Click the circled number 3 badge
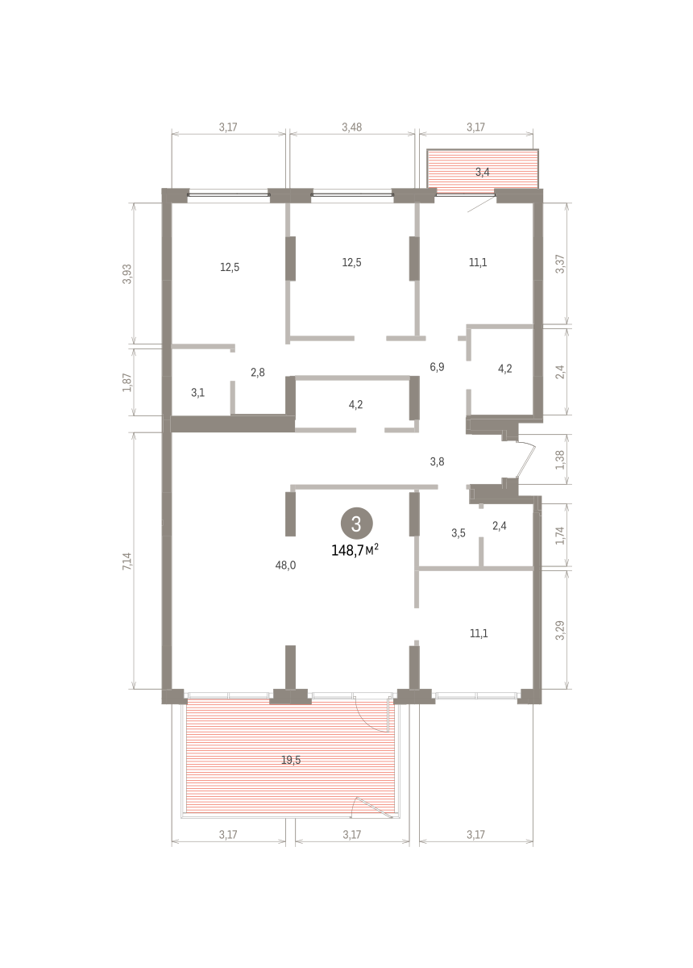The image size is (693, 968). coord(356,524)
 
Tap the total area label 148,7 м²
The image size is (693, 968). coord(355,550)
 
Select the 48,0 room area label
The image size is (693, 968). coord(285,565)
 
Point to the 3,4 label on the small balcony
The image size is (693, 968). coord(483,172)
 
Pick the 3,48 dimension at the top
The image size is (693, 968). coord(352,127)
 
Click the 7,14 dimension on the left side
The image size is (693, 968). coord(127,561)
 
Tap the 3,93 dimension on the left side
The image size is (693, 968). coord(127,273)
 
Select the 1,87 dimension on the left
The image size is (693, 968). coord(127,382)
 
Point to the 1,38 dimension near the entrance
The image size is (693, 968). coord(560,460)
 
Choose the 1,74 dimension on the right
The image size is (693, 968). coord(560,535)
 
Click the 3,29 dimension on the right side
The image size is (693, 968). coord(560,630)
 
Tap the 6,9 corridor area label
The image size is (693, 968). coord(437,367)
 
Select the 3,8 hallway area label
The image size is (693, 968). coord(437,461)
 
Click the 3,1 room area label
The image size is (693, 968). coord(197,393)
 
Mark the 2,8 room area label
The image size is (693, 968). coord(258,372)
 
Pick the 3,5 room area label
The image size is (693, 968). coord(459,533)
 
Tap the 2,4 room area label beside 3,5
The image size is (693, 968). coord(500,525)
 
